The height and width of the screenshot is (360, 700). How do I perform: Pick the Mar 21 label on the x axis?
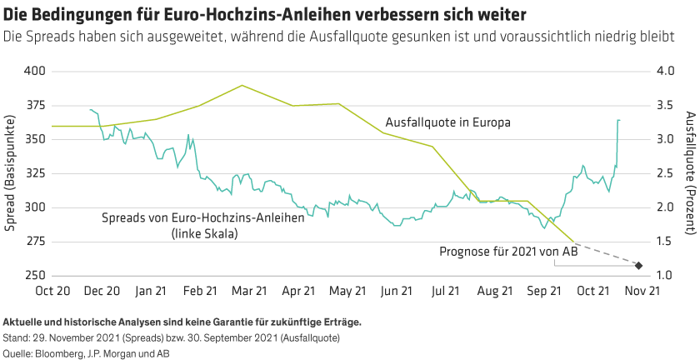pos(249,291)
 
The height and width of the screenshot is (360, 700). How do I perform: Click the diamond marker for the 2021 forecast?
pos(638,266)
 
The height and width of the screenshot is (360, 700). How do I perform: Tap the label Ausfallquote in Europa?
pos(447,122)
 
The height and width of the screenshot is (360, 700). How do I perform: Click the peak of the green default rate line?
pos(242,85)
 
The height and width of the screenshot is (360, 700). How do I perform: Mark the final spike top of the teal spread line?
pos(618,120)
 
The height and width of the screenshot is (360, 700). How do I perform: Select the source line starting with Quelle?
pos(80,353)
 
